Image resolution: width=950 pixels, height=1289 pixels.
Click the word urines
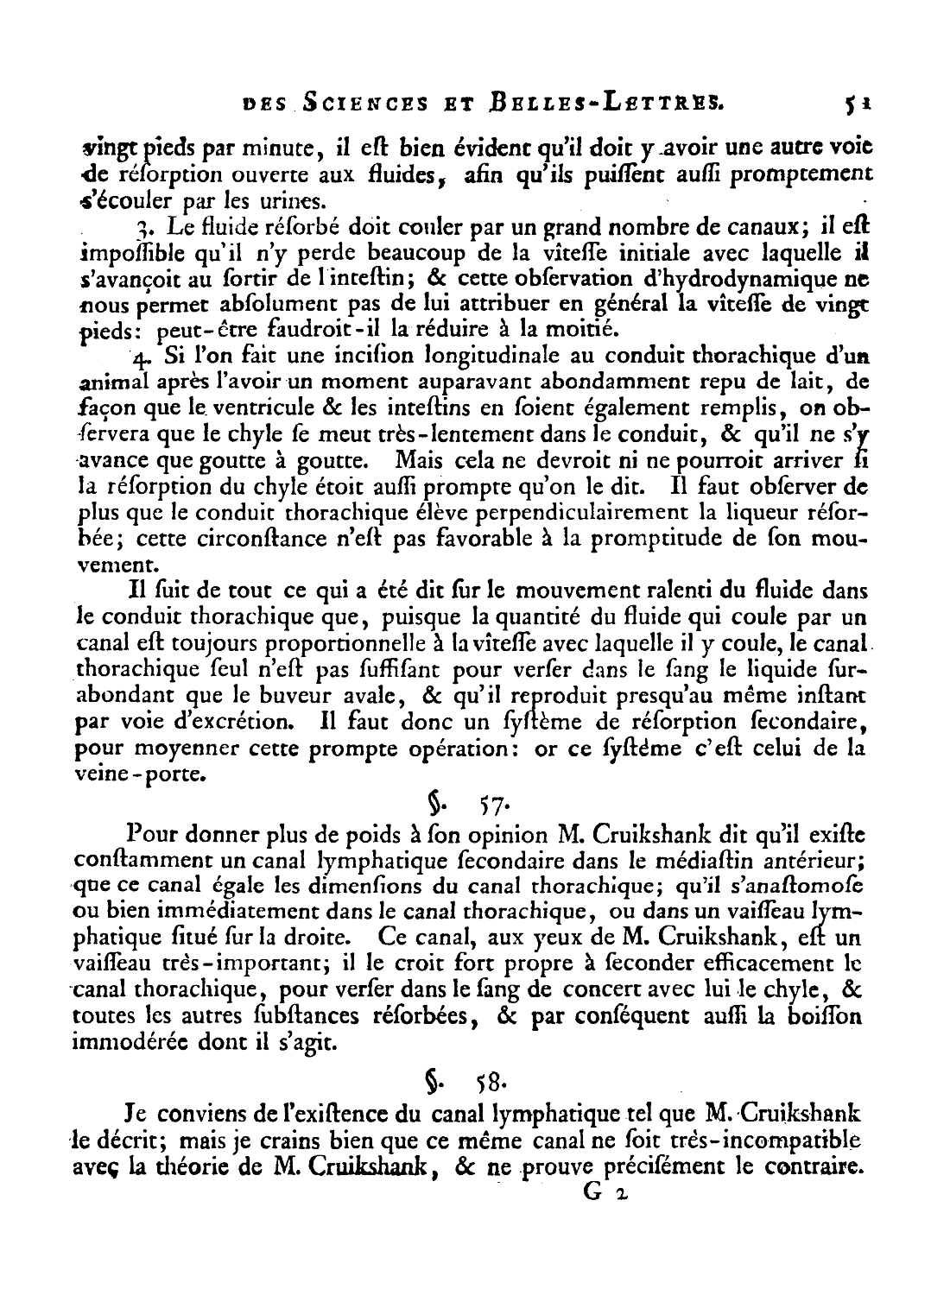click(297, 204)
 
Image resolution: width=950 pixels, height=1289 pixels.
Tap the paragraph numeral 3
click(140, 230)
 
